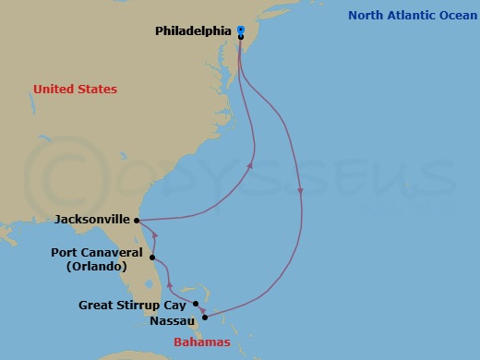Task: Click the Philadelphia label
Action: coord(192,30)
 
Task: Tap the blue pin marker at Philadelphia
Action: coord(240,30)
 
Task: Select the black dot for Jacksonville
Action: coord(137,221)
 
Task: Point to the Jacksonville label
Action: coord(92,221)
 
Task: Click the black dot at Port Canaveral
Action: coord(152,258)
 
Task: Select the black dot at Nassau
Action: coord(205,318)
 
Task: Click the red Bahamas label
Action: coord(201,342)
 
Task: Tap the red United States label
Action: coord(75,90)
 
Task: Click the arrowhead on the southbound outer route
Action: coord(301,192)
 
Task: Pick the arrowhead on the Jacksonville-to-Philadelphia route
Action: coord(251,166)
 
